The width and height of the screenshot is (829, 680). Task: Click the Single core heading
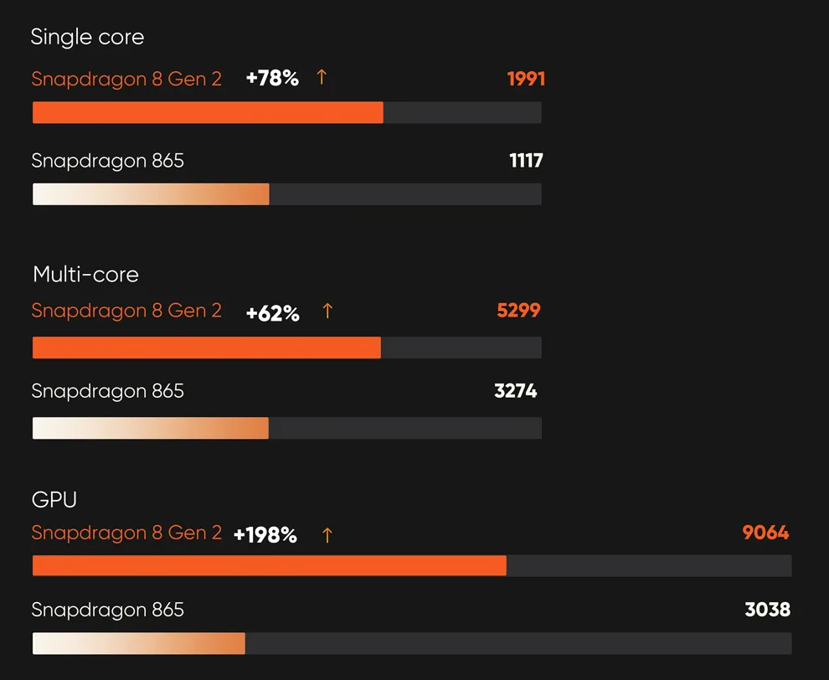pyautogui.click(x=87, y=38)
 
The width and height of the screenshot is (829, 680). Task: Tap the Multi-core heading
pyautogui.click(x=85, y=275)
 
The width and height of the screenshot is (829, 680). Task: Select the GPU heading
pyautogui.click(x=54, y=500)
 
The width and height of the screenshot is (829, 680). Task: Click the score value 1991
pyautogui.click(x=526, y=80)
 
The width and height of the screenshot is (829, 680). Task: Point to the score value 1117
pyautogui.click(x=526, y=161)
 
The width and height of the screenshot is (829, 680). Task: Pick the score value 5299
pyautogui.click(x=518, y=312)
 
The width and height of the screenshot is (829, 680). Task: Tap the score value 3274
pyautogui.click(x=516, y=391)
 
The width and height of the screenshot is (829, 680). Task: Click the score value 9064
pyautogui.click(x=765, y=533)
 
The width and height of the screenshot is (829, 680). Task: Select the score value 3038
pyautogui.click(x=767, y=610)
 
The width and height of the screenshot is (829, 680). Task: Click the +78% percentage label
pyautogui.click(x=272, y=80)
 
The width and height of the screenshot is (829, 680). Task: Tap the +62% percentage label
pyautogui.click(x=272, y=314)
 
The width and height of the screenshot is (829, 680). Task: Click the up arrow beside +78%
pyautogui.click(x=322, y=78)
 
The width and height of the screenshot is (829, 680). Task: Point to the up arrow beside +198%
pyautogui.click(x=327, y=535)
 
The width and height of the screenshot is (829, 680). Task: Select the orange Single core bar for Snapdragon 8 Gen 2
pyautogui.click(x=208, y=113)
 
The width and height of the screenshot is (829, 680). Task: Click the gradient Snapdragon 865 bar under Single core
pyautogui.click(x=151, y=194)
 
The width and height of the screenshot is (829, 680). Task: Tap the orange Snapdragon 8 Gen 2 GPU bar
pyautogui.click(x=269, y=566)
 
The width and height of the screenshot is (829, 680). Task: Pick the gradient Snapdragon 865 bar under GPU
pyautogui.click(x=139, y=644)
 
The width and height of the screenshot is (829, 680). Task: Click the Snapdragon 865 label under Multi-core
pyautogui.click(x=107, y=391)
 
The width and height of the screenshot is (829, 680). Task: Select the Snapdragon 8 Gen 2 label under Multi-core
pyautogui.click(x=126, y=312)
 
